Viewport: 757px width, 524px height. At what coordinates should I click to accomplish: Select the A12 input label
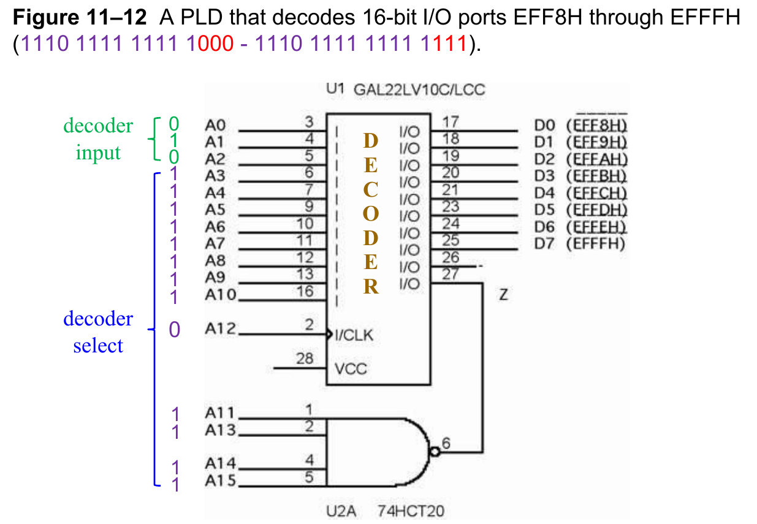click(x=219, y=329)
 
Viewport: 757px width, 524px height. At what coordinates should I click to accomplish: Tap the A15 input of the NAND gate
click(x=220, y=480)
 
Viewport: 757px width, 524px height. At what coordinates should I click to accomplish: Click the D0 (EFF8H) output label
click(x=582, y=126)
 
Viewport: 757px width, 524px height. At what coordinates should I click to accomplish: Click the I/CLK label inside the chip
click(x=354, y=335)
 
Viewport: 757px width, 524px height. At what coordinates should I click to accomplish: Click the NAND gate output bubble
click(x=435, y=452)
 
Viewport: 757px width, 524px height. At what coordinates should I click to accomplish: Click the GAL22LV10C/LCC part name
click(x=419, y=90)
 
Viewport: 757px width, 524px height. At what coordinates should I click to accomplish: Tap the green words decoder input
click(x=98, y=139)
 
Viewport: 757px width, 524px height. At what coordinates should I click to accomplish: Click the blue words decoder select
click(x=98, y=332)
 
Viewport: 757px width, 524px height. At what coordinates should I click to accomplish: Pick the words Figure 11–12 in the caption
click(x=80, y=18)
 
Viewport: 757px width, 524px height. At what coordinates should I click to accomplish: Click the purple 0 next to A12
click(x=175, y=330)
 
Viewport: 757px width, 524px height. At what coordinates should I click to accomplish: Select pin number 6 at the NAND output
click(x=445, y=442)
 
